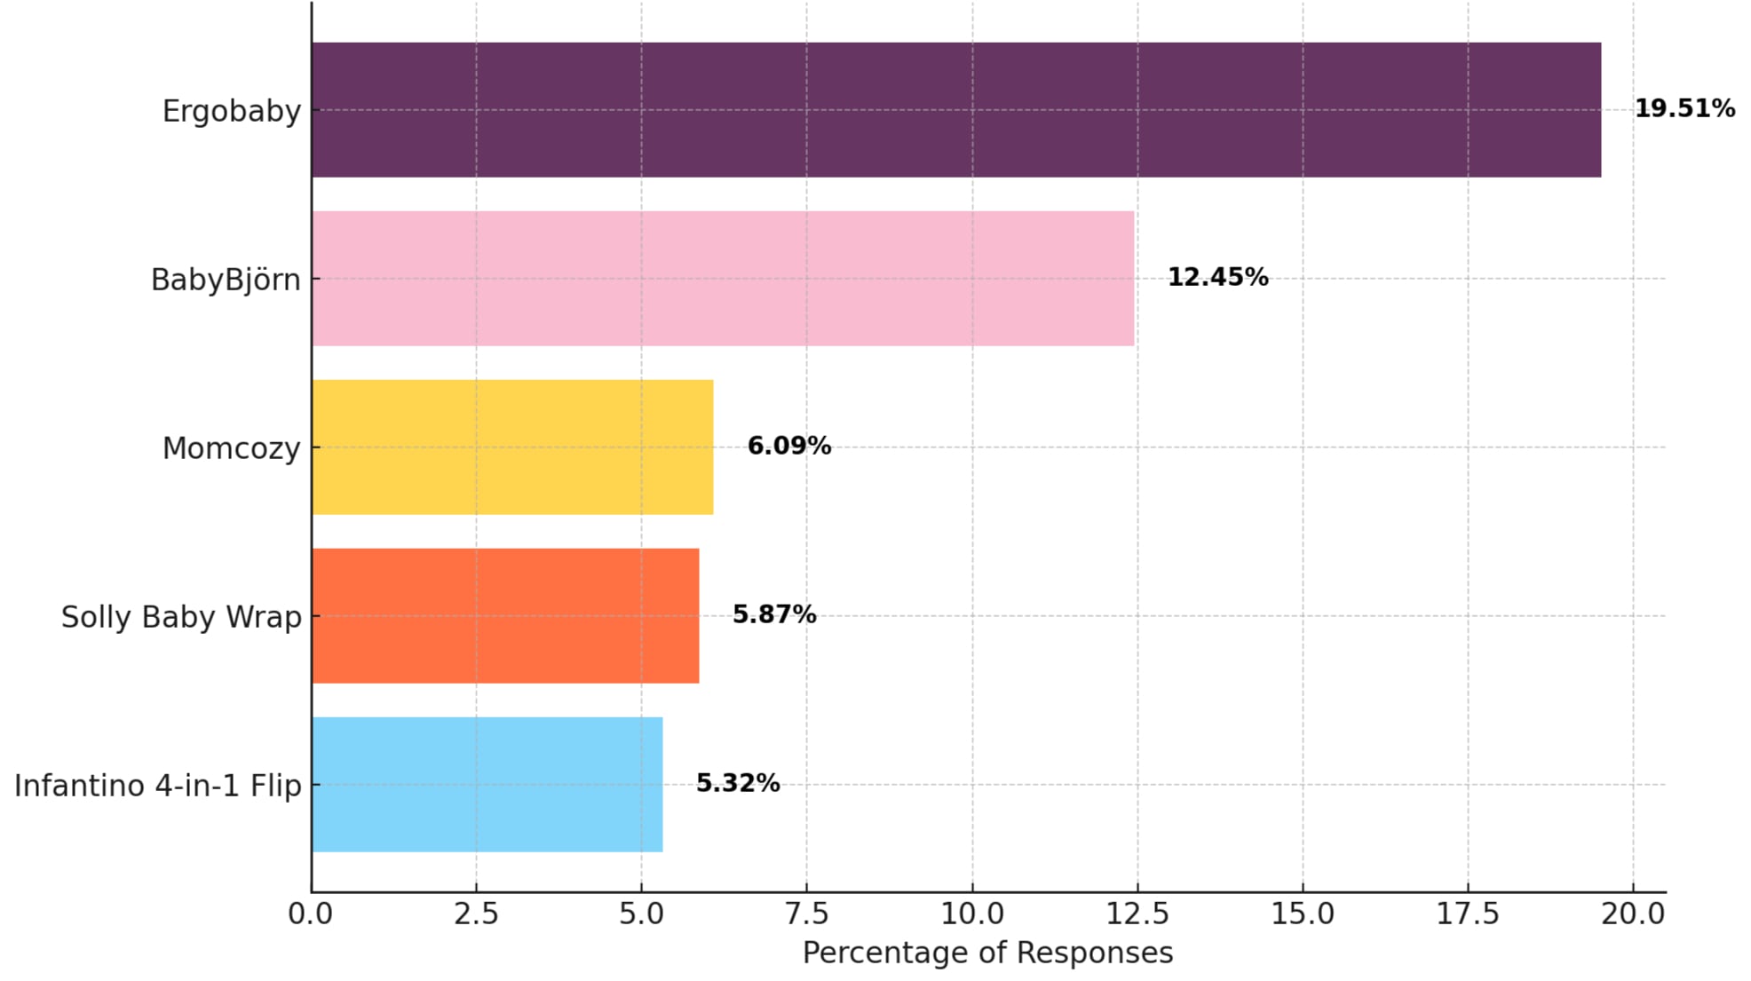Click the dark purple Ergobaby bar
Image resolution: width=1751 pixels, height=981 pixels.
coord(955,110)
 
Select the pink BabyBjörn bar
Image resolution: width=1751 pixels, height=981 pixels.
coord(723,279)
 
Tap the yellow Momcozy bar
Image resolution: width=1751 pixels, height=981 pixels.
coord(512,447)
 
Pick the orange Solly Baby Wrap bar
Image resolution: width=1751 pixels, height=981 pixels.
coord(505,616)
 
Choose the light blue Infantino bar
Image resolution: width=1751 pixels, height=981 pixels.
coord(487,785)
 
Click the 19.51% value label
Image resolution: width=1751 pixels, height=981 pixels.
coord(1684,108)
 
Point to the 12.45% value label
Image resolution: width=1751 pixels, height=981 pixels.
coord(1217,277)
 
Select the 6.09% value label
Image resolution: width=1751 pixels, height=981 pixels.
coord(788,446)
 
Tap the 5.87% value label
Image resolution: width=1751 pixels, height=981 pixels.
coord(773,614)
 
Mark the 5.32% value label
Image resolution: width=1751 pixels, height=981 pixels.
coord(737,783)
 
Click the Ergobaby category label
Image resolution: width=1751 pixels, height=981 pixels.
coord(232,112)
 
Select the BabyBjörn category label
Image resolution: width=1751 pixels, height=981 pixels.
coord(226,281)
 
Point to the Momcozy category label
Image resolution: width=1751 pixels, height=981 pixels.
coord(232,449)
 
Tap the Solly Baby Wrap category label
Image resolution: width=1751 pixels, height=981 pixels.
coord(181,617)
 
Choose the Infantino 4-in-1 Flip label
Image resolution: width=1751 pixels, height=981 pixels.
coord(158,786)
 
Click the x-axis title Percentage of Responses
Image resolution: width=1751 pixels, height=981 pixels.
coord(987,953)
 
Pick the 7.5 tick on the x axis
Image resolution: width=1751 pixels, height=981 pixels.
coord(806,914)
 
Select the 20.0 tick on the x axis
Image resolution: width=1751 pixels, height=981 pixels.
coord(1633,914)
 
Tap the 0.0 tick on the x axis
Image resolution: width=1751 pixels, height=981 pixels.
coord(311,914)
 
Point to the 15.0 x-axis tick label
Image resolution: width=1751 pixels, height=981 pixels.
coord(1303,914)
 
